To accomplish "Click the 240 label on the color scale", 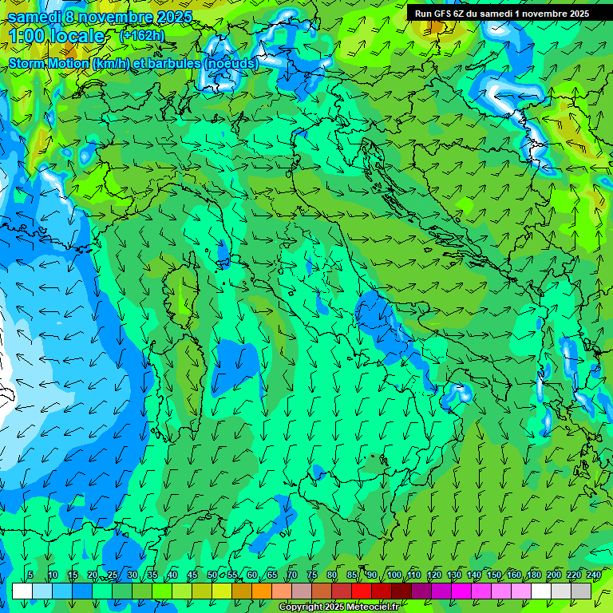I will point(593,575).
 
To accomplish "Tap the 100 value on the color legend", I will point(394,575).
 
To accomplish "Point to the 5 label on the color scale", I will point(30,575).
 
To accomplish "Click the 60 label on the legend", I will point(252,575).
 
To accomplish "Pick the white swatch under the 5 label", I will point(22,591).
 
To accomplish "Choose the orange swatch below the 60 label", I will point(242,591).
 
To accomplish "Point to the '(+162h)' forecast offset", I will point(143,35).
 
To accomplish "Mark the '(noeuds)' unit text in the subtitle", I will point(231,63).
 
